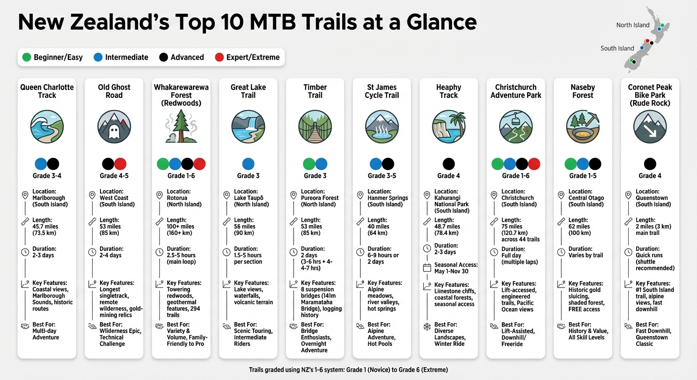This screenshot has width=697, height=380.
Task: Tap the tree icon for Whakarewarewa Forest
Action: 181,127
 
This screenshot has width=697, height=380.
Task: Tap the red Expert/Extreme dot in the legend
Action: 219,57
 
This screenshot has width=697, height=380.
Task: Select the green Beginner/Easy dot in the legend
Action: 27,57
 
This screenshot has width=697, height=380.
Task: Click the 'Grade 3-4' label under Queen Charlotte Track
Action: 47,176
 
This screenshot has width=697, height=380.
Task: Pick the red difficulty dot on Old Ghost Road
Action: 120,164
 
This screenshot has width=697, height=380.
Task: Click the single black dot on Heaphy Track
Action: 448,164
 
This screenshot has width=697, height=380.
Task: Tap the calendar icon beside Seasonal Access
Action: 427,268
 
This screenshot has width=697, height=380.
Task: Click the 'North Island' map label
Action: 633,25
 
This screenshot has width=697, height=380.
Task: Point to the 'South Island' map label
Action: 617,48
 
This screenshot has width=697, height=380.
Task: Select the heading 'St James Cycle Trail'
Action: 382,91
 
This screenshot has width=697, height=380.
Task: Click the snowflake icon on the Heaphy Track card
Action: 427,327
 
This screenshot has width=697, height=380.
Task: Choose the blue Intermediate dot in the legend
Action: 98,57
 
